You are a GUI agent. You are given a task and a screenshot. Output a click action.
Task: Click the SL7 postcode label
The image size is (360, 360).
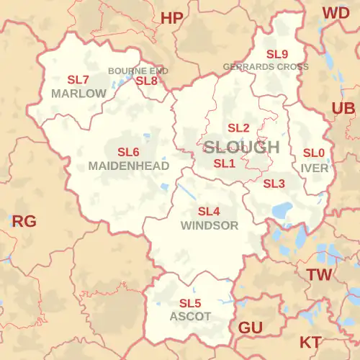coord(78,80)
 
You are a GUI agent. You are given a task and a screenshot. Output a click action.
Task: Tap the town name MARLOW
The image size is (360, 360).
coord(78,94)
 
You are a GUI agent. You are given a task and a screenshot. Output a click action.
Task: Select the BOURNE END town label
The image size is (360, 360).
coord(138,71)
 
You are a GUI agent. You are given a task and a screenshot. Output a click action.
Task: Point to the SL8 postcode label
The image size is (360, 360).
coord(146,81)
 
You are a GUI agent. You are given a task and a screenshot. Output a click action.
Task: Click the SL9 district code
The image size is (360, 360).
coord(277,55)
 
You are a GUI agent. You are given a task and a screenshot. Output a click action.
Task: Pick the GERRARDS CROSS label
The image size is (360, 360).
coord(266,67)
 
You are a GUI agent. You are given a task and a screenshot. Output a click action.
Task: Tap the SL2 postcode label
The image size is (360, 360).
coord(238,128)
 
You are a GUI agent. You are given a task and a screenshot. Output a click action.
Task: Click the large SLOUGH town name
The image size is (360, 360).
coord(241,147)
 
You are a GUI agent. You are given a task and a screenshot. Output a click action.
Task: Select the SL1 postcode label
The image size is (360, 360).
coord(225,163)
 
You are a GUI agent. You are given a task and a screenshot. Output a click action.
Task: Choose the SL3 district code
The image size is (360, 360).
coord(274,184)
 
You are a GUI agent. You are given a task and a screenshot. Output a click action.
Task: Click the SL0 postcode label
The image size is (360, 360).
coord(313,153)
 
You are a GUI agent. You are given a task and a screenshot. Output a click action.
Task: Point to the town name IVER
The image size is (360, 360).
coord(315,168)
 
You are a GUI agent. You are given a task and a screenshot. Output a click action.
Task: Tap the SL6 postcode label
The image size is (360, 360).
coord(128,152)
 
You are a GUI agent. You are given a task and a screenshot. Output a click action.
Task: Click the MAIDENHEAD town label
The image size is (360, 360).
coord(129,166)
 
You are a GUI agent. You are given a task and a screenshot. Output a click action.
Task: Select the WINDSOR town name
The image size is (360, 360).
coord(210,225)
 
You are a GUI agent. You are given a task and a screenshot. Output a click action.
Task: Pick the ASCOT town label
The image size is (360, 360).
coord(190,316)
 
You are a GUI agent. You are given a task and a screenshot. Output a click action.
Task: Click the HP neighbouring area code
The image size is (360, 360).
coord(172,19)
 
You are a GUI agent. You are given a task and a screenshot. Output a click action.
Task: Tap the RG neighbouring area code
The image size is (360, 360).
coord(24,221)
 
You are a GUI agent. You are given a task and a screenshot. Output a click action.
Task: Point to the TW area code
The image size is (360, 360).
coord(319,274)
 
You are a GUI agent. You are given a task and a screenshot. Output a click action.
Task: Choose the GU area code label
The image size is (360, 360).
coord(250,328)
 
